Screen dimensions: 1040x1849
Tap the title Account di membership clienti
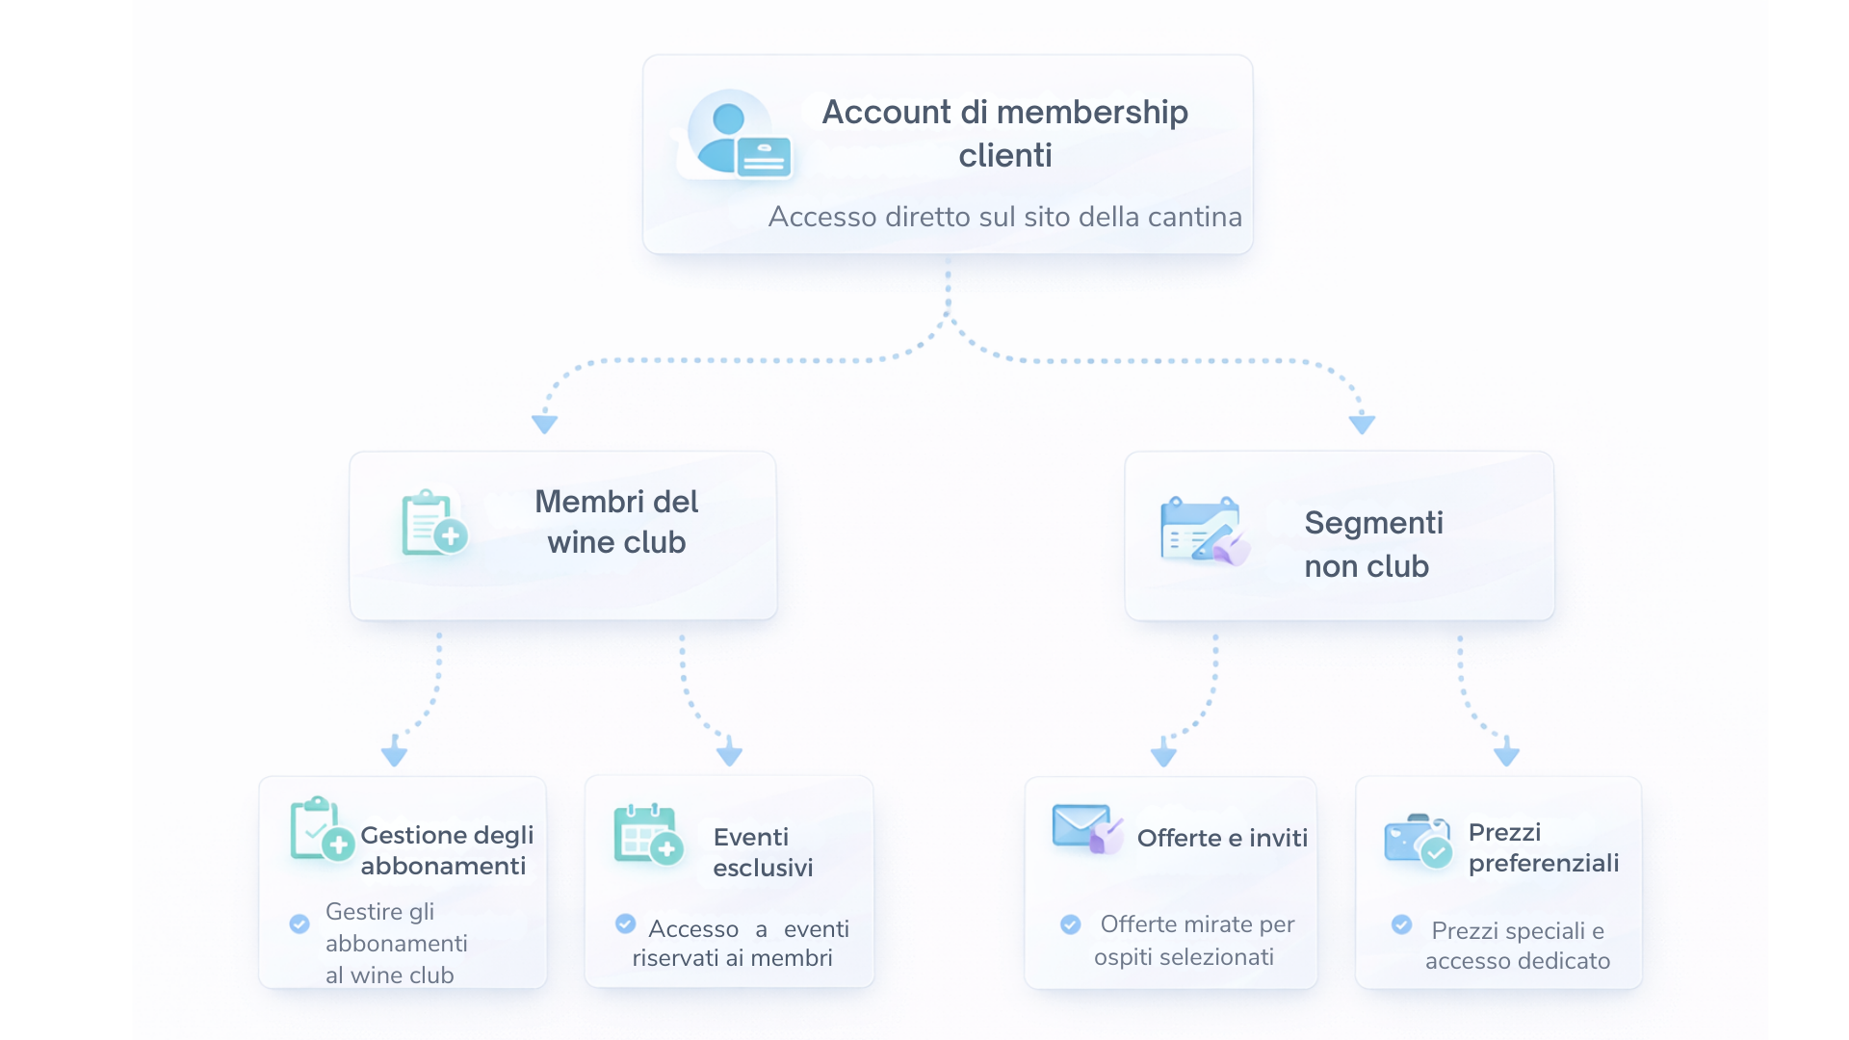(x=1004, y=133)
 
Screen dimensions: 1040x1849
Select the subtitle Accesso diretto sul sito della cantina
(x=1004, y=217)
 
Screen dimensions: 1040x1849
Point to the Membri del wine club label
(x=616, y=522)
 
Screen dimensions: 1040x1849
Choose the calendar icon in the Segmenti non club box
(x=1203, y=530)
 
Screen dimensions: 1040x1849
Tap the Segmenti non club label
(x=1372, y=544)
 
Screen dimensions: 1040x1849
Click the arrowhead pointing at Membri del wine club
(x=544, y=424)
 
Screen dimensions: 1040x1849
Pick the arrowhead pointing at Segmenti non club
(x=1362, y=424)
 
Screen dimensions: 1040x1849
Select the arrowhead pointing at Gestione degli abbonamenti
(x=394, y=753)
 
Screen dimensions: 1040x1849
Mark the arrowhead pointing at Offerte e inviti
(x=1163, y=753)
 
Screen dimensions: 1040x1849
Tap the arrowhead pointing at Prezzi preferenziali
(x=1506, y=753)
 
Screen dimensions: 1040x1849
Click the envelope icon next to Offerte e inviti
(x=1086, y=828)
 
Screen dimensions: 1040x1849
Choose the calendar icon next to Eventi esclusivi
(x=647, y=834)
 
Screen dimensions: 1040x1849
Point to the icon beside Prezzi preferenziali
(x=1417, y=841)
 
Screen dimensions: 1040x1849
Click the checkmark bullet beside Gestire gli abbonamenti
(x=299, y=924)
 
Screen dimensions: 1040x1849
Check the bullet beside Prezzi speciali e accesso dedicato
(x=1401, y=925)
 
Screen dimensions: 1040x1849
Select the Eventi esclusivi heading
(x=763, y=852)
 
